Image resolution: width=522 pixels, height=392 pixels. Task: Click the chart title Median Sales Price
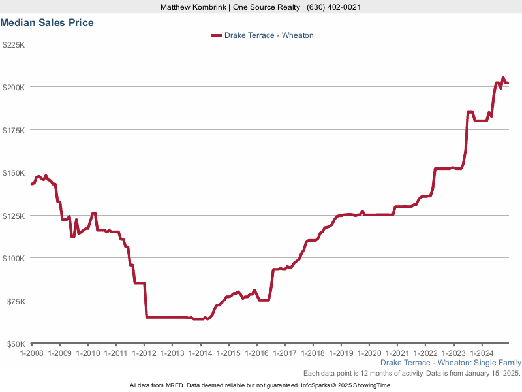click(x=47, y=23)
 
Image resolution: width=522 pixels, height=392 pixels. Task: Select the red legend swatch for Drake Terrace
click(x=216, y=35)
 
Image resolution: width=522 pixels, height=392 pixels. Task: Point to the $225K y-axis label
click(x=14, y=45)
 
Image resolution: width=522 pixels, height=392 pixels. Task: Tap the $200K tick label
click(x=14, y=88)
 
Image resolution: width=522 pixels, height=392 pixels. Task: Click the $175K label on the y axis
click(x=14, y=131)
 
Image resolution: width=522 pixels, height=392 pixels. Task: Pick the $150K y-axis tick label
click(x=14, y=173)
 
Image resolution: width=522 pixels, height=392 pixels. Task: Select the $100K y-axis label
click(x=14, y=258)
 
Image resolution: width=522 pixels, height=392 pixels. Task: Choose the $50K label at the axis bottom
click(x=16, y=344)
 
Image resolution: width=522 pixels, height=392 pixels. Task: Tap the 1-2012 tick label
click(x=144, y=353)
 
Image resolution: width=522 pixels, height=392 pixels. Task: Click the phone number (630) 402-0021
click(x=331, y=7)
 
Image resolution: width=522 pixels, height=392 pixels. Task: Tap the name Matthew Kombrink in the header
click(x=191, y=7)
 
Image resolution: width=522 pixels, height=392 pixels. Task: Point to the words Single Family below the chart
click(x=499, y=363)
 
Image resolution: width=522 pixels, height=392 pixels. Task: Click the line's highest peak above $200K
click(x=502, y=78)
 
